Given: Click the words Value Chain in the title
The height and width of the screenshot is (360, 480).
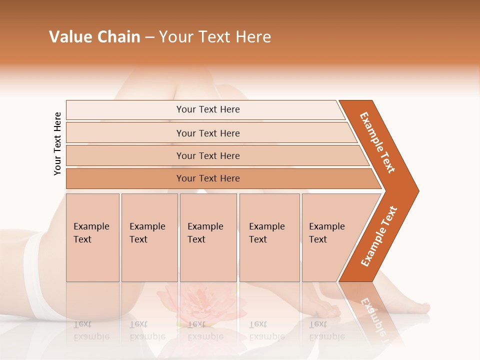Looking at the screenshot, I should click(x=94, y=37).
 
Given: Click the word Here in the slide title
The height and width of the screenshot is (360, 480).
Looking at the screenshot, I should click(x=253, y=37).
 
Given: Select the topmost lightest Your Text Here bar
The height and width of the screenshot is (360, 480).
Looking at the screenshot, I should click(x=207, y=109).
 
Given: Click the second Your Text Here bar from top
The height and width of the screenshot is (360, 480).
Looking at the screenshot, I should click(x=207, y=133).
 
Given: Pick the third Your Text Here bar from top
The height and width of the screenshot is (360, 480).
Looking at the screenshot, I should click(x=207, y=155).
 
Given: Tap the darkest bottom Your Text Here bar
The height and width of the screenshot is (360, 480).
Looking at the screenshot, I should click(x=207, y=178).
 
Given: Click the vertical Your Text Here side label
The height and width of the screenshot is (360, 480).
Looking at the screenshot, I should click(x=57, y=143).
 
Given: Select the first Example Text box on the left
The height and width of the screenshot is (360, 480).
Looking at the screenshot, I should click(x=92, y=237).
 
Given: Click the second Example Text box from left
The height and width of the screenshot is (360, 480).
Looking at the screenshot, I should click(x=149, y=237).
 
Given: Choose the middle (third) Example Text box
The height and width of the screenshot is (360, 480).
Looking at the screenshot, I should click(x=208, y=237).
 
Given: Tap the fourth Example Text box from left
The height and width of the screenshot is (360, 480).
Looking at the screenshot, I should click(x=269, y=237).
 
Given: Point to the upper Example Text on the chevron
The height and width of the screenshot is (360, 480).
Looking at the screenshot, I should click(x=377, y=142).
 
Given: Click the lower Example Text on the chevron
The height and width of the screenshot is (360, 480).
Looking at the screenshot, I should click(x=379, y=236).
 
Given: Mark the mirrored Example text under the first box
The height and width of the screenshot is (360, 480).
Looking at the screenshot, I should click(x=91, y=336).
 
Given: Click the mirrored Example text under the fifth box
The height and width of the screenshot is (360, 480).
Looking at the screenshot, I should click(x=327, y=336).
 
